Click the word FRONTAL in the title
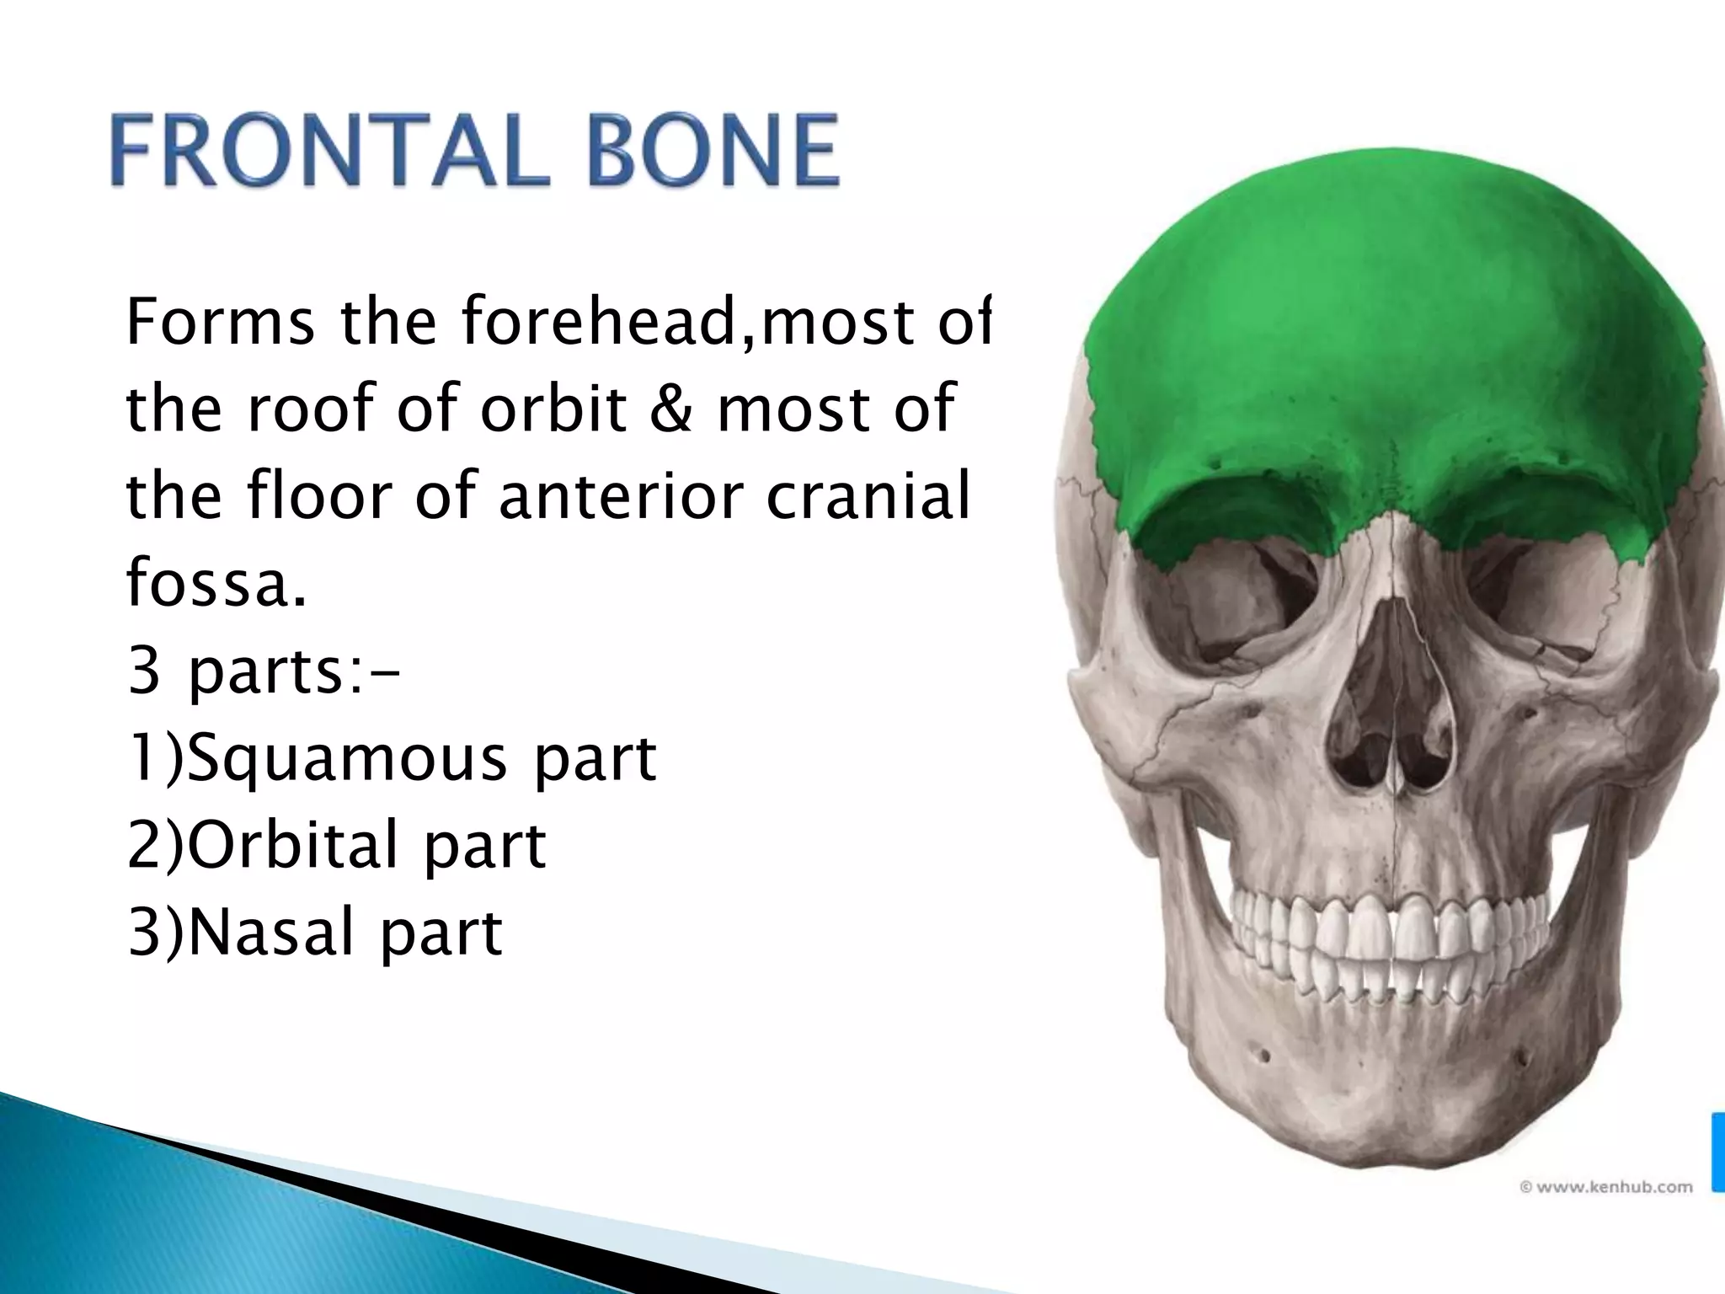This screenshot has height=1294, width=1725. [x=328, y=152]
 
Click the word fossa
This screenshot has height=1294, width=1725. [x=216, y=584]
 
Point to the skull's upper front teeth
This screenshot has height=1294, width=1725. [x=1390, y=927]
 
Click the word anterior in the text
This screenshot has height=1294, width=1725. [x=621, y=497]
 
